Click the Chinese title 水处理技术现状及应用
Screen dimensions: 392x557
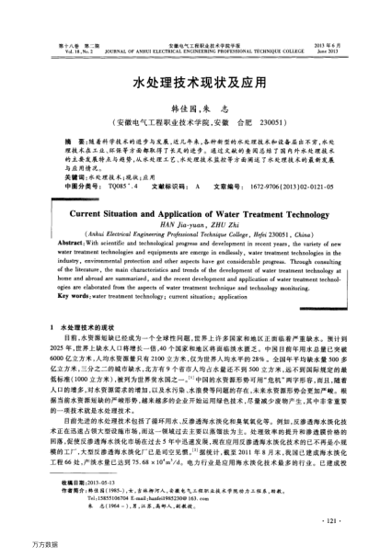195,83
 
